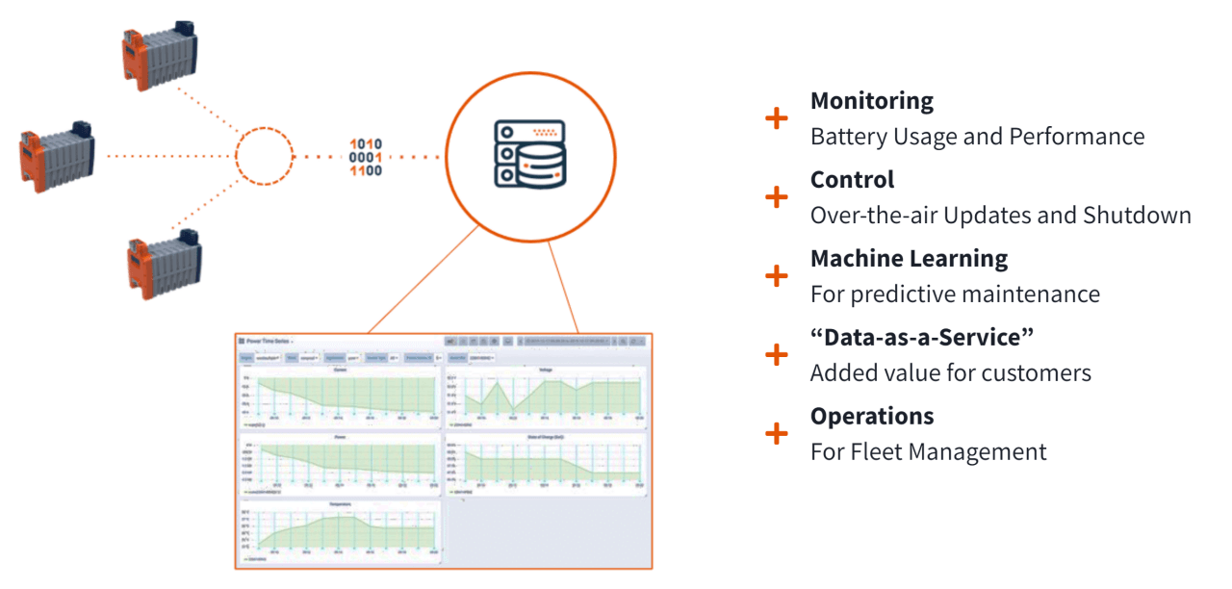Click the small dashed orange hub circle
coord(264,155)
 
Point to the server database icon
coord(530,153)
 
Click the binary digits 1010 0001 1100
coord(366,157)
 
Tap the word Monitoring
coord(872,101)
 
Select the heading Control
coord(852,180)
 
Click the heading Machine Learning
coord(909,259)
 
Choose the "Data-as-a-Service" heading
coord(921,338)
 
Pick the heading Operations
coord(872,417)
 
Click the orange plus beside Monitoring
coord(776,118)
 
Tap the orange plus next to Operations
coord(776,434)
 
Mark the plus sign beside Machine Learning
coord(776,276)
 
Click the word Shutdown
coord(1142,215)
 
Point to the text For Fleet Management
coord(928,451)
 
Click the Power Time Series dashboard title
coord(269,341)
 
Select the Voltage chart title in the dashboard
coord(545,370)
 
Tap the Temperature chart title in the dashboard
coord(340,504)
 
